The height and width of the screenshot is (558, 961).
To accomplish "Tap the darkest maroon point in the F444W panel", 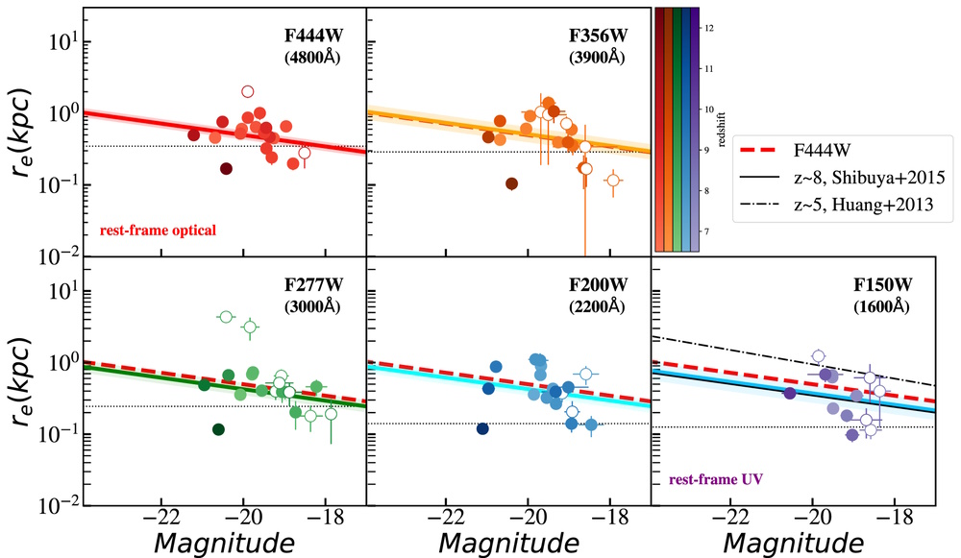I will click(226, 169).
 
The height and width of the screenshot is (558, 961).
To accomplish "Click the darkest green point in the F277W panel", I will click(219, 429).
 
